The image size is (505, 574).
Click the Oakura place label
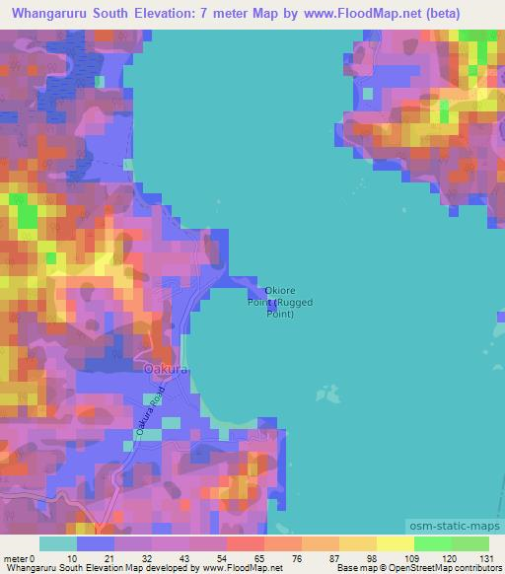165,369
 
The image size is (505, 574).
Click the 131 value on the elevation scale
489,558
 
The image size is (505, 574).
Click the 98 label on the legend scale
374,558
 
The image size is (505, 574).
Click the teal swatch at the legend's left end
58,543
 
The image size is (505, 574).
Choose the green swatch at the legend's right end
469,543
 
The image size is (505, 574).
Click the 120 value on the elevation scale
450,558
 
